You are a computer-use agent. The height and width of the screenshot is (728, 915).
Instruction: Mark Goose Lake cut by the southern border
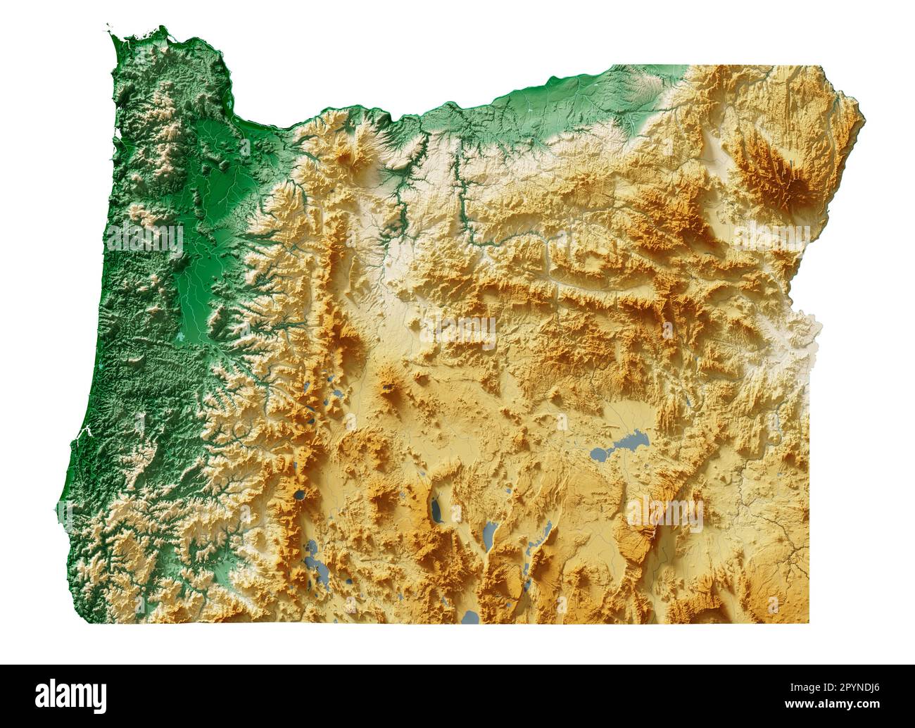[x=470, y=617]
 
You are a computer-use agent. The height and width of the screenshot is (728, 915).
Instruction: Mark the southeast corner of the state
[x=808, y=622]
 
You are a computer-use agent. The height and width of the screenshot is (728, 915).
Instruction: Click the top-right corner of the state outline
[x=821, y=66]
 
